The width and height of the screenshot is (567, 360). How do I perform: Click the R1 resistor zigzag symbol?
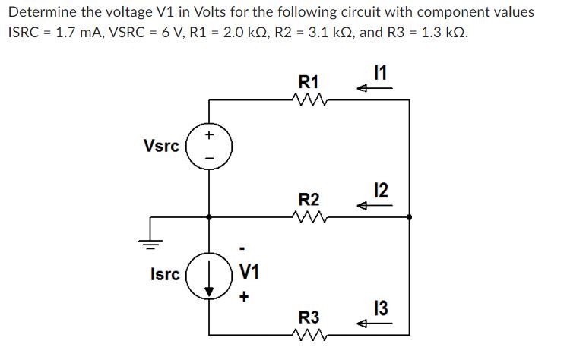[x=309, y=99]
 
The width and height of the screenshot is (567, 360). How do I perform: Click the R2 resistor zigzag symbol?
[x=309, y=217]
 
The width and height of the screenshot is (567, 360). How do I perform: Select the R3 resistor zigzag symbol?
[x=309, y=334]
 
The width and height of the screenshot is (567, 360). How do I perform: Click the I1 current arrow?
[x=376, y=89]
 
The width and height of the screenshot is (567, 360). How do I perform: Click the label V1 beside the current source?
[x=249, y=270]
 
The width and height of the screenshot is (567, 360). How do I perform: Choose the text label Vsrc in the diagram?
[x=160, y=145]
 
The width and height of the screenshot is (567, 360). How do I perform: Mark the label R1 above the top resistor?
[x=309, y=81]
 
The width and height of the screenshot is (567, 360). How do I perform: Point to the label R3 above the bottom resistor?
[x=309, y=316]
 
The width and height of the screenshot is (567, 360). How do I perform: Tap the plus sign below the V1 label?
[x=243, y=298]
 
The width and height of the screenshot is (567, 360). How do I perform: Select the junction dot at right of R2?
[x=410, y=217]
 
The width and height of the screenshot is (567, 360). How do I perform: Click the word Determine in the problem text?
[x=41, y=13]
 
